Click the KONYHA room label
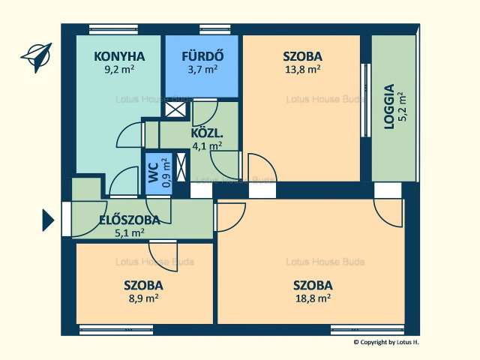click(x=119, y=57)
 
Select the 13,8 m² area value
click(x=303, y=70)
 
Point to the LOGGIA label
click(x=389, y=106)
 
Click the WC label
click(x=154, y=173)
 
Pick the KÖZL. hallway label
click(x=207, y=133)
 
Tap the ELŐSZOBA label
click(x=130, y=220)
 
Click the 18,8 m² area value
click(x=313, y=298)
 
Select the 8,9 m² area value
click(x=143, y=298)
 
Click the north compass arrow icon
click(x=37, y=58)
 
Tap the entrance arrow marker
click(x=48, y=220)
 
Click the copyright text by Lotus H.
click(x=386, y=342)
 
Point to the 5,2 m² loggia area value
click(x=403, y=106)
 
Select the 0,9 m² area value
click(x=166, y=172)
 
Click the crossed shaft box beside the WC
click(x=181, y=166)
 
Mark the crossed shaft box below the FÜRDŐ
click(x=175, y=109)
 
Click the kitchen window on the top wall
click(x=113, y=29)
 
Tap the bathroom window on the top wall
click(x=215, y=29)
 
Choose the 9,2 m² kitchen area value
click(x=119, y=70)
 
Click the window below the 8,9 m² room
click(x=116, y=330)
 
